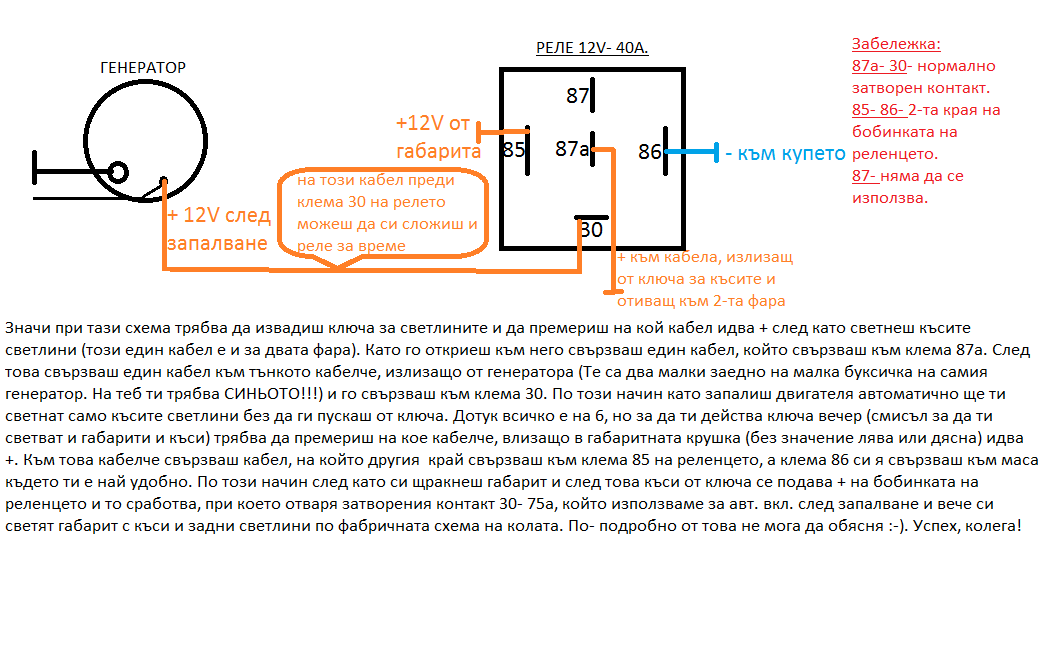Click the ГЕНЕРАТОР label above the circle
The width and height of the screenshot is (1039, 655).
coord(143,68)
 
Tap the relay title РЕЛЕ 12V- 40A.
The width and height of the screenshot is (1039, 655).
coord(592,47)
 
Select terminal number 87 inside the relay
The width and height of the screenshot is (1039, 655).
coord(577,97)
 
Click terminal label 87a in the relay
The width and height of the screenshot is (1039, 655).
coord(571,149)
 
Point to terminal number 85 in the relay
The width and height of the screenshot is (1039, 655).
coord(513,151)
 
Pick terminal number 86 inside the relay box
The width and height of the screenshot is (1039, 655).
coord(649,152)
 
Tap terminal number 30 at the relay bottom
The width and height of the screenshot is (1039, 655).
coord(591,230)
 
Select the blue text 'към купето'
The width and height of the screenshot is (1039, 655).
coord(785,154)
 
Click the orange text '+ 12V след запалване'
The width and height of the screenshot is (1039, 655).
coord(217,229)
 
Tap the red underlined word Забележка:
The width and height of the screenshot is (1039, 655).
coord(896,45)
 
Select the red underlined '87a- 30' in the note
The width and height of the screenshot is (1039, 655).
coord(879,67)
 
